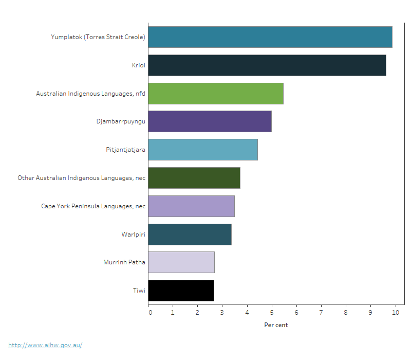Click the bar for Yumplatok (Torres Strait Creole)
click(x=270, y=37)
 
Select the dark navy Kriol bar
click(x=267, y=65)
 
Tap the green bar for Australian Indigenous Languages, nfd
click(x=216, y=93)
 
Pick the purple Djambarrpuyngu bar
click(x=210, y=121)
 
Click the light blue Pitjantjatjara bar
click(x=203, y=150)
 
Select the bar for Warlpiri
click(x=190, y=235)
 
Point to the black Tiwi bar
click(x=181, y=291)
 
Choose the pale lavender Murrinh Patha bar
click(x=181, y=262)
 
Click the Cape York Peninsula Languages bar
click(x=191, y=206)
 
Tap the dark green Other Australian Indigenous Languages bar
click(x=194, y=178)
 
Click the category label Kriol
click(x=138, y=65)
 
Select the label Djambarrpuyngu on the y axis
click(x=121, y=122)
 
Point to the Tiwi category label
click(x=139, y=291)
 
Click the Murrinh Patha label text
click(x=124, y=263)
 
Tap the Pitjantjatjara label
click(x=125, y=150)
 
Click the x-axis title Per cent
click(x=276, y=325)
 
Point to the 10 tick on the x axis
click(x=395, y=312)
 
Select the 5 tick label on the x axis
click(x=272, y=312)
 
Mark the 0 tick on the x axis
click(x=150, y=312)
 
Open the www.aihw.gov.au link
click(x=45, y=345)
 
